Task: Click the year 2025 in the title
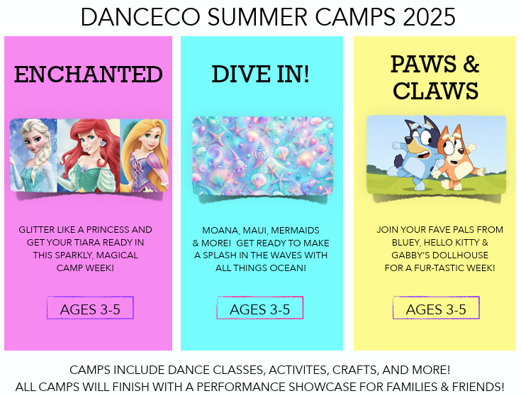pos(429,17)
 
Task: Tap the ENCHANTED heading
pos(89,75)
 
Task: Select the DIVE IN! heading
pos(261,74)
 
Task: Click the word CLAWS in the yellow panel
pos(435,91)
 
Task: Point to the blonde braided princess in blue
pos(33,155)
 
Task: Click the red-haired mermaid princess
pos(89,155)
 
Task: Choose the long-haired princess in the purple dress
pos(145,155)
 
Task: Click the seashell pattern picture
pos(262,156)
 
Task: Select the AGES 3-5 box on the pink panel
pos(90,308)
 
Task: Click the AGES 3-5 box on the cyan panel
pos(260,308)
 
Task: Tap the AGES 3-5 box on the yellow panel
pos(436,308)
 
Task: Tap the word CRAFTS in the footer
pos(355,370)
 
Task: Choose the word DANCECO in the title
pos(140,17)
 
